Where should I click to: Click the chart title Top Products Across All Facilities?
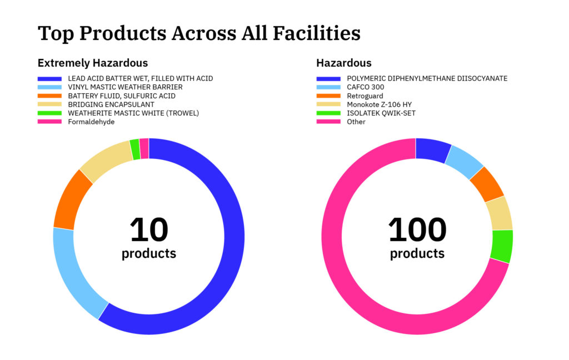[x=199, y=33]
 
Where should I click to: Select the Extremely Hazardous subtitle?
[x=93, y=63]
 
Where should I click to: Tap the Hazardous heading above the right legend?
[x=344, y=63]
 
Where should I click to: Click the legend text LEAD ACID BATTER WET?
[x=140, y=78]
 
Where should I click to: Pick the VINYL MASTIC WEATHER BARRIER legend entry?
[x=125, y=87]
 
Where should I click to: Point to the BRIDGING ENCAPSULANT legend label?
[x=111, y=104]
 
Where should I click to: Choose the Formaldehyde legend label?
[x=91, y=122]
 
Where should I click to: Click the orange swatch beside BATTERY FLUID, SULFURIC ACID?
[x=49, y=96]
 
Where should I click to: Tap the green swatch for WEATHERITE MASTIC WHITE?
[x=49, y=113]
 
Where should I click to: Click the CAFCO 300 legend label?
[x=365, y=87]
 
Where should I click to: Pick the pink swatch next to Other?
[x=328, y=122]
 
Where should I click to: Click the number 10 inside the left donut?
[x=149, y=229]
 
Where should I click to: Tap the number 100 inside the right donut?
[x=417, y=229]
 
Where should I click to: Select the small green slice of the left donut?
[x=134, y=149]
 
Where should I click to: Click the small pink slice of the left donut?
[x=144, y=148]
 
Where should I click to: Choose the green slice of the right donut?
[x=502, y=246]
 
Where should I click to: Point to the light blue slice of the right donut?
[x=466, y=161]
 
